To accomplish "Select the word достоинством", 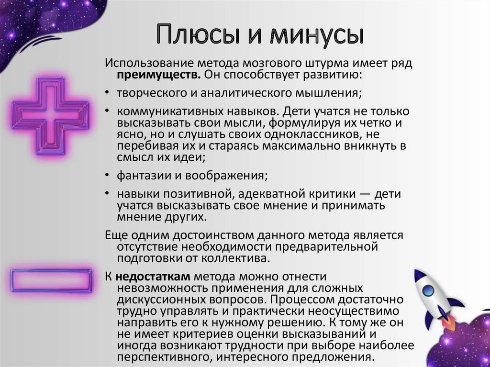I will tap(204, 235).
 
